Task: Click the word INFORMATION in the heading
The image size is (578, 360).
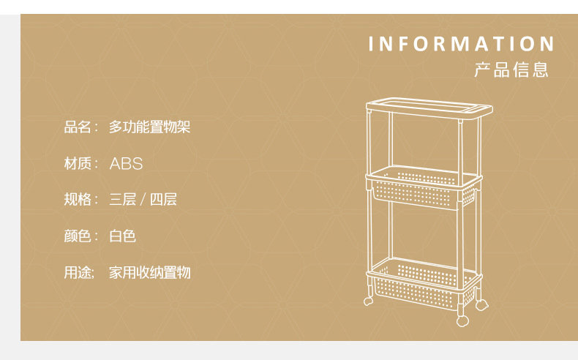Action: [461, 44]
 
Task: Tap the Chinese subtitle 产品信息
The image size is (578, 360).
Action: [511, 70]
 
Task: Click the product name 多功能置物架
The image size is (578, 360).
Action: [150, 127]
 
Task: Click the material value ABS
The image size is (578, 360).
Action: [126, 163]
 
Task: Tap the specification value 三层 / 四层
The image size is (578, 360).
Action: [143, 199]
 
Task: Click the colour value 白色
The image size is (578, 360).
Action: [123, 236]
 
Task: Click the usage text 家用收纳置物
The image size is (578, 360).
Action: [150, 272]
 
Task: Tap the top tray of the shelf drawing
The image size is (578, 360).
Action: [427, 108]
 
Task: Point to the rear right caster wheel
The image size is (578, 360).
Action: [482, 302]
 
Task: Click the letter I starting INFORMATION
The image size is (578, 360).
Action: [372, 44]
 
